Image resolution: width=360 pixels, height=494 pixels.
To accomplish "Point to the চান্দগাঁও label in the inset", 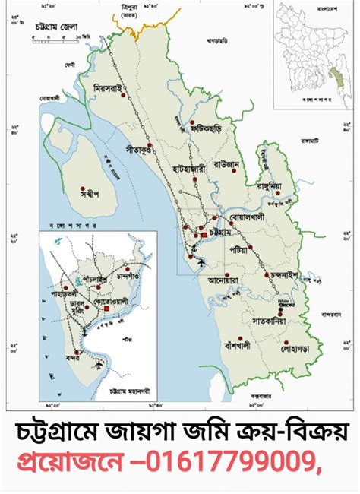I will (129, 275).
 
